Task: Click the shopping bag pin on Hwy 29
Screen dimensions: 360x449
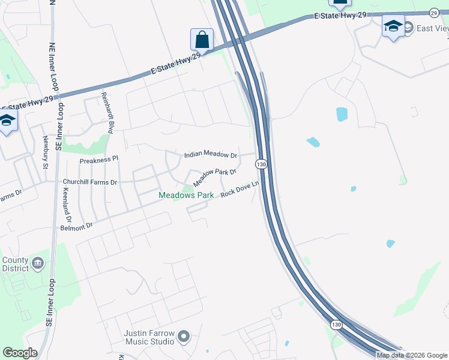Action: tap(202, 40)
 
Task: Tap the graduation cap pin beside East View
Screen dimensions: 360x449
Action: tap(393, 26)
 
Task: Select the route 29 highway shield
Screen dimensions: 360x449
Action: tap(434, 12)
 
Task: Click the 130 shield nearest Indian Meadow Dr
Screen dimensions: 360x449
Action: tap(261, 164)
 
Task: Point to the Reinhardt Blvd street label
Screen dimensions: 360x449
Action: tap(110, 113)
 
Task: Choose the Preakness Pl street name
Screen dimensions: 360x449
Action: tap(100, 160)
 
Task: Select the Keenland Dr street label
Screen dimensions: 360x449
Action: tap(67, 205)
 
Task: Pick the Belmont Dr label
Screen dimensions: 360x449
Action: tap(76, 226)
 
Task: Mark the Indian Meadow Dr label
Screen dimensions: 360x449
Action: tap(211, 155)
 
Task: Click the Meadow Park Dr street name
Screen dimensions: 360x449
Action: tap(215, 176)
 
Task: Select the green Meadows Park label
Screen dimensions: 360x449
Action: tap(186, 196)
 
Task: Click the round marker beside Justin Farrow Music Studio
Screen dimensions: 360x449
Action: tap(184, 337)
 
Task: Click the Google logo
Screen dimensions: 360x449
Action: tap(20, 353)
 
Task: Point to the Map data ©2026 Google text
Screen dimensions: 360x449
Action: tap(412, 355)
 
